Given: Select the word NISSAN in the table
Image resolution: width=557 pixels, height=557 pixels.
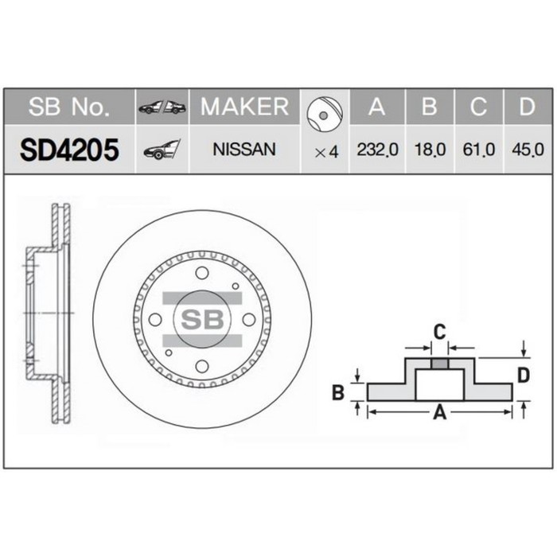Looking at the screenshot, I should (244, 150).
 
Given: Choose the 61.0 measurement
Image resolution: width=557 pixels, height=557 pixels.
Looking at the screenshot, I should (477, 150).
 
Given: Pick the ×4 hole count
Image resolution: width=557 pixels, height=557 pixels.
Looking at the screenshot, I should (326, 150).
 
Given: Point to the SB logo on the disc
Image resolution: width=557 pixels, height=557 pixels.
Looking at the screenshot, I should (201, 319).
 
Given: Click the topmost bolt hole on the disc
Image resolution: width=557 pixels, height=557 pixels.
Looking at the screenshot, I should (201, 273).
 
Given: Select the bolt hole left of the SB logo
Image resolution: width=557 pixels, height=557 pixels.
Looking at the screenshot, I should (155, 319).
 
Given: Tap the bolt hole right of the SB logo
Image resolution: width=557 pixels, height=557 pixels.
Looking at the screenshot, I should (248, 319).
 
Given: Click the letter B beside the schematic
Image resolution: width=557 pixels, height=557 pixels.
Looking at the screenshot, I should (337, 391).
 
